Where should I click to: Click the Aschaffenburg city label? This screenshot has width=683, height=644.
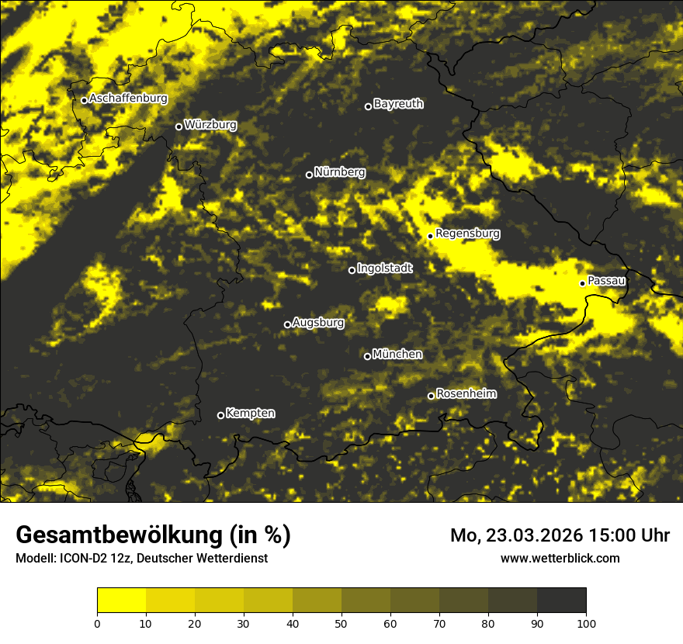click(128, 99)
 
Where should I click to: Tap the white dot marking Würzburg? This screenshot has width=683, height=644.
click(179, 126)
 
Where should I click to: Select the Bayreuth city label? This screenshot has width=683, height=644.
click(398, 103)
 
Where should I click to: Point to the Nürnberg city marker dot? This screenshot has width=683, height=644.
click(309, 175)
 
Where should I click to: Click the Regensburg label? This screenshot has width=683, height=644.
click(467, 233)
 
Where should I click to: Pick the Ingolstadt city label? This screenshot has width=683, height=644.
click(385, 268)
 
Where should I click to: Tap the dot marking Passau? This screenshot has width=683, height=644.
click(582, 283)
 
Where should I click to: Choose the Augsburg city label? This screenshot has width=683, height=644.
click(318, 322)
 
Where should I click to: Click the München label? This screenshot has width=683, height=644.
click(397, 354)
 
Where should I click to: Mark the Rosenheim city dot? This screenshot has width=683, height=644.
click(431, 396)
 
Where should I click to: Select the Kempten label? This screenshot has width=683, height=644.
click(251, 413)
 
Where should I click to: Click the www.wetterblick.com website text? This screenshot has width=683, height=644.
click(560, 558)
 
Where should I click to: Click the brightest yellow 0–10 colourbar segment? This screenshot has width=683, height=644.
click(121, 601)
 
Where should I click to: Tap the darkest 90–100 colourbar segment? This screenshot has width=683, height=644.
click(561, 601)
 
